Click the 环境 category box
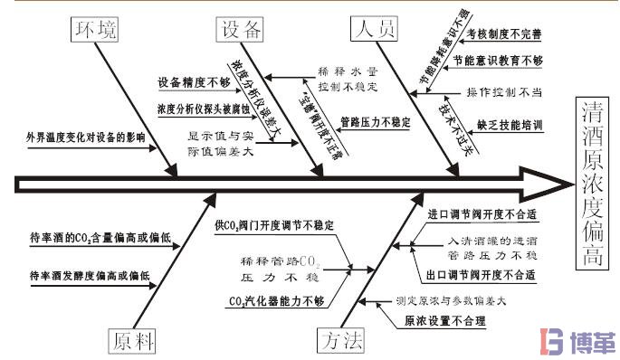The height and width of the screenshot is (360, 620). (94, 31)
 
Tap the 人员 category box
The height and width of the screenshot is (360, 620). (373, 30)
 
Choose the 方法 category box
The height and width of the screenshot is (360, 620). (341, 340)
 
